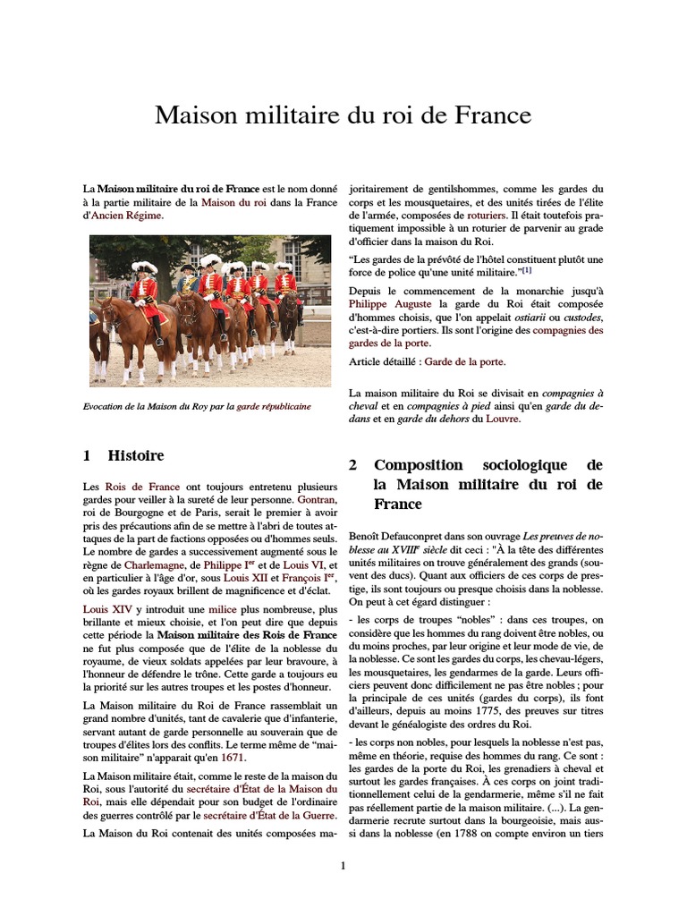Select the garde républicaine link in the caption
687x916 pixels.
pos(274,405)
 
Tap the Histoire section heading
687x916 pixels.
pos(136,455)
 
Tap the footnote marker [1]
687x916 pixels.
pos(527,269)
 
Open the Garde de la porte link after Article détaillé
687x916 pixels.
pos(464,361)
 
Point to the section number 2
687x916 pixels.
pos(353,465)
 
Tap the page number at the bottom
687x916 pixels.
pos(343,865)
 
